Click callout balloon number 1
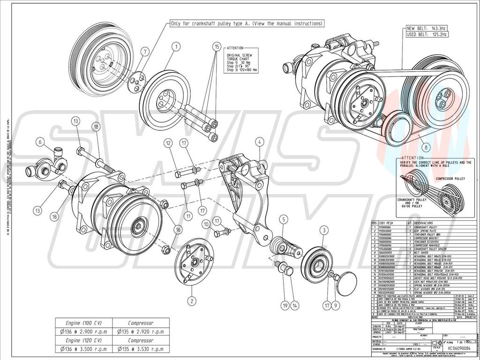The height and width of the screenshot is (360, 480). coord(176,46)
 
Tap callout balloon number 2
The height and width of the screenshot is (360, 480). coord(191,300)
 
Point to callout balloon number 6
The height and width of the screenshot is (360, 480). coord(41,142)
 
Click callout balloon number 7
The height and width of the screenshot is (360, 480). coord(145,51)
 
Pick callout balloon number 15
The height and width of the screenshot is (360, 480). coord(216,46)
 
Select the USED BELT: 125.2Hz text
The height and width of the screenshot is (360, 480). coord(427,34)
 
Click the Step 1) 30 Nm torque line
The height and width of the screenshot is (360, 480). coord(243,61)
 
